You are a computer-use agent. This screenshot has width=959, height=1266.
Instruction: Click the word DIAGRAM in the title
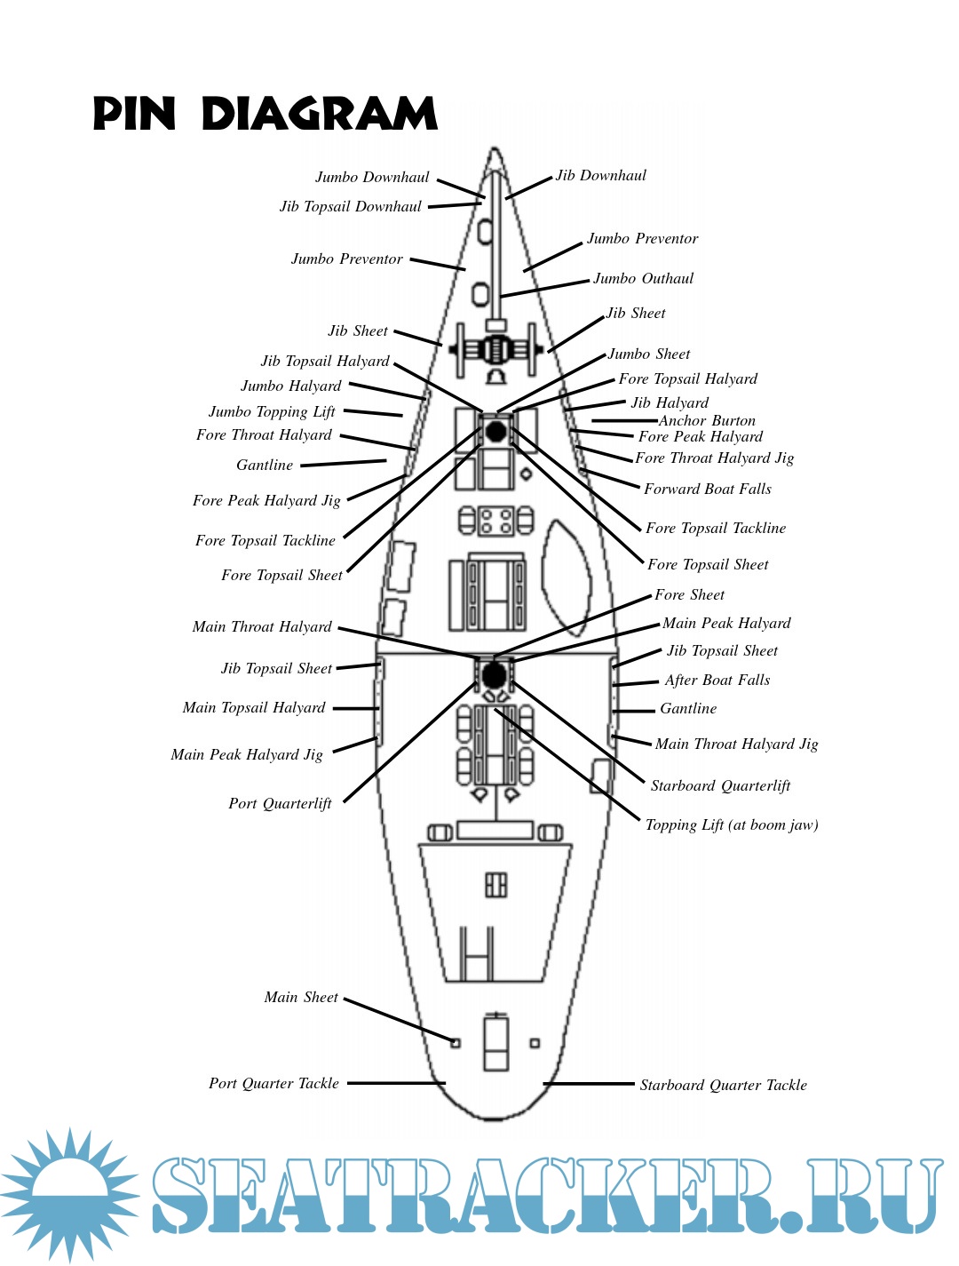click(x=320, y=115)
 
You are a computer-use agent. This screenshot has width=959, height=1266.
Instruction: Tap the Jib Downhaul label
click(x=601, y=176)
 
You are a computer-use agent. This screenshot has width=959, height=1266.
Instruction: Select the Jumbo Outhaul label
click(x=643, y=279)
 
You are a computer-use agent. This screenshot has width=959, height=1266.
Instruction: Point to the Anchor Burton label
click(x=707, y=421)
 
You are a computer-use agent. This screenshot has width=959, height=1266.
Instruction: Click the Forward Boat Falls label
click(x=708, y=490)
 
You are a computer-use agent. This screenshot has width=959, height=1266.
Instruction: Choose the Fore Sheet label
click(x=689, y=595)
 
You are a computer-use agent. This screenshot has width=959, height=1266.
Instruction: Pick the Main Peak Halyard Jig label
click(x=247, y=755)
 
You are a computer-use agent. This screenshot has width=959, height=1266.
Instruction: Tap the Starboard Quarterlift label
click(x=720, y=786)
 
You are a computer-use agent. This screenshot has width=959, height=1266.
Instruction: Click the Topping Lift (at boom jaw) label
click(x=732, y=825)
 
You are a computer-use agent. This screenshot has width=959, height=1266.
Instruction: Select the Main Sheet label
click(x=301, y=998)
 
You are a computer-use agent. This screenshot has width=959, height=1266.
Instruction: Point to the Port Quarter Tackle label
click(x=273, y=1084)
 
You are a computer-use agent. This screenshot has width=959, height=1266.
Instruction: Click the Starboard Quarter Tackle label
click(x=723, y=1086)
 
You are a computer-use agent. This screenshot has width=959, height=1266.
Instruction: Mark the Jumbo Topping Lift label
click(x=272, y=412)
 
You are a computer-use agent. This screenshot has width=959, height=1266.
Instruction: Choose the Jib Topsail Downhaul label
click(x=351, y=207)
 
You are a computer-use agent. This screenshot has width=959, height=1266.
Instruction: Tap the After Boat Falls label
click(x=717, y=681)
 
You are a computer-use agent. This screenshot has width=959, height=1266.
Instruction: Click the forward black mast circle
click(x=495, y=432)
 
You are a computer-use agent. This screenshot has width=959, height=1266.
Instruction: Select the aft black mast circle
click(x=495, y=674)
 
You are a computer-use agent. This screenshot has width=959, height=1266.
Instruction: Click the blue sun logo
click(x=69, y=1193)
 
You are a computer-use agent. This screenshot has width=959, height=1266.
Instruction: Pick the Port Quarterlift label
click(x=280, y=804)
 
